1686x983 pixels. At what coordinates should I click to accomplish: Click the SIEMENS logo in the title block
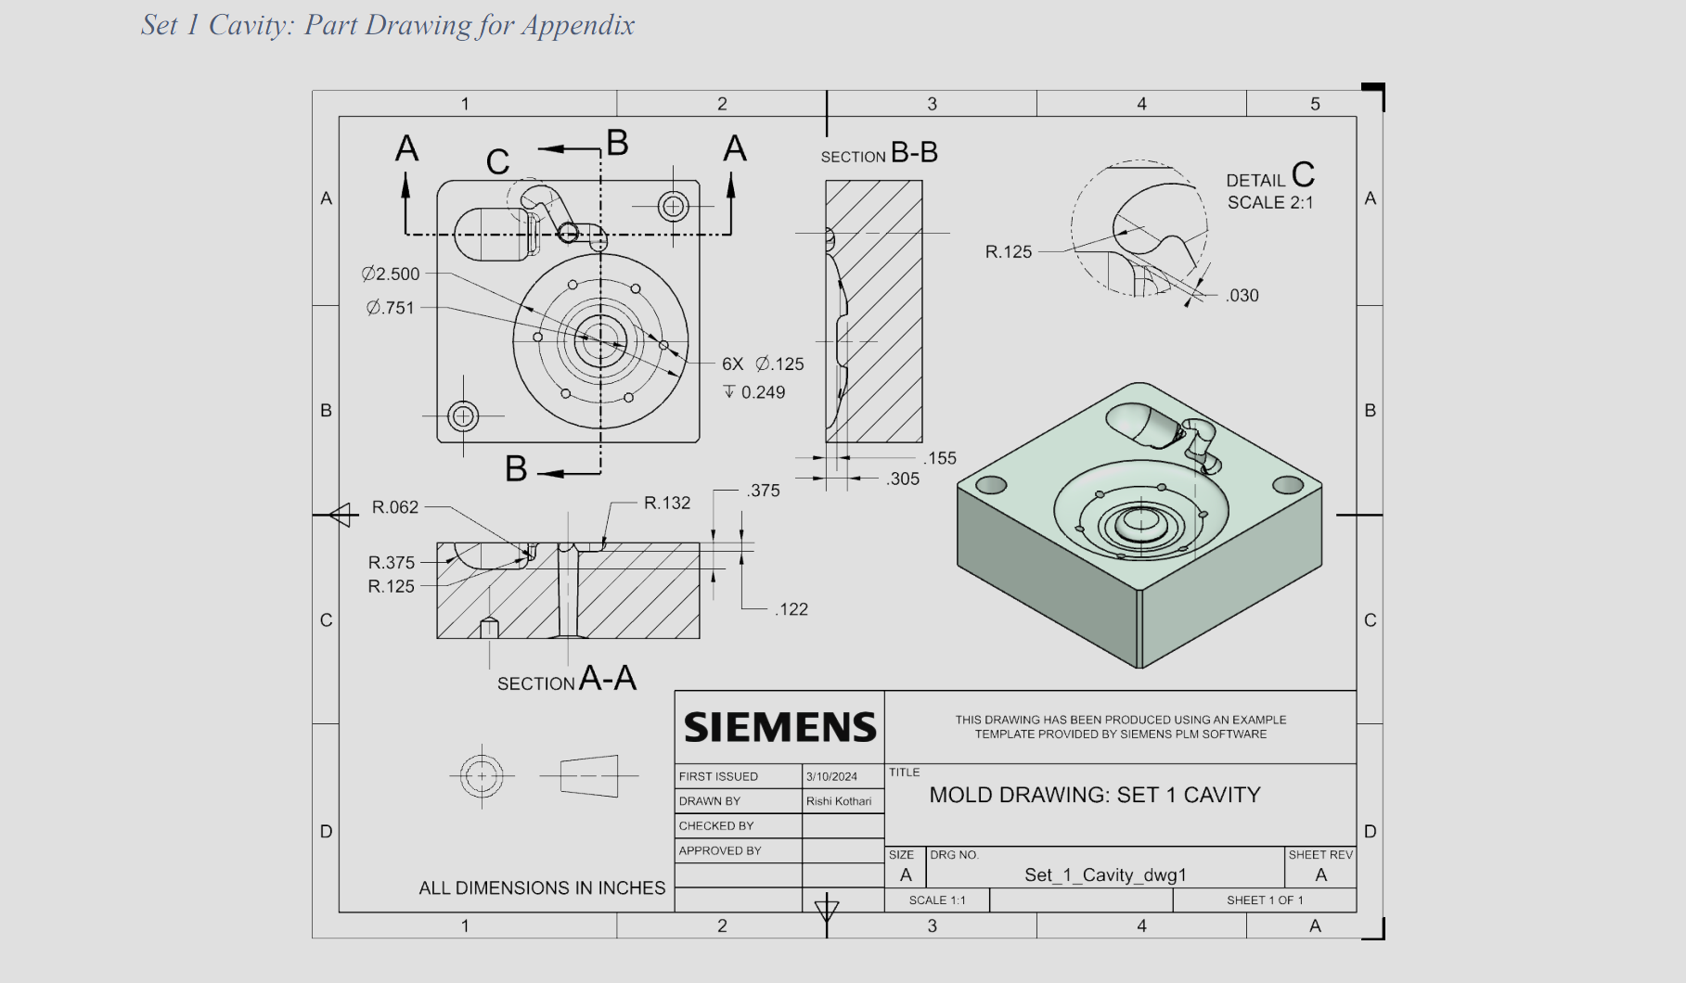(x=779, y=727)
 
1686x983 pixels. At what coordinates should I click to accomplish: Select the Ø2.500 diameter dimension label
(x=391, y=274)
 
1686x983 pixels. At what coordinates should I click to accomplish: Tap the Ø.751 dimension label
(x=391, y=308)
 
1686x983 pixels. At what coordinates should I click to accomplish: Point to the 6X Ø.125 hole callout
(x=763, y=364)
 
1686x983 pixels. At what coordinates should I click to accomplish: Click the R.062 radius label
(x=395, y=507)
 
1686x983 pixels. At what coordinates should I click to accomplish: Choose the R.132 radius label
(x=667, y=503)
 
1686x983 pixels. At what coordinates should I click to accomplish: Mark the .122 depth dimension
(x=792, y=609)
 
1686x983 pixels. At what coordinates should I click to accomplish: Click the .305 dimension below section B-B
(x=903, y=479)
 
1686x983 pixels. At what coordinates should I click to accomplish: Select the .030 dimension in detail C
(x=1242, y=296)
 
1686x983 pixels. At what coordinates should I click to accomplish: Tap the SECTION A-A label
(x=566, y=680)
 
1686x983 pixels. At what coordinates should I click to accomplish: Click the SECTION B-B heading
(x=879, y=154)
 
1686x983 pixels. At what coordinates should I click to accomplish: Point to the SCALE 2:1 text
(x=1270, y=202)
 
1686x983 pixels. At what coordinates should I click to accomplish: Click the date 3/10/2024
(x=831, y=776)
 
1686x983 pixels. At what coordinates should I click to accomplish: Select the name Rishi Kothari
(x=839, y=801)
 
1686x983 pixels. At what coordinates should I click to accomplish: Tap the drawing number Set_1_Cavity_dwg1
(x=1105, y=874)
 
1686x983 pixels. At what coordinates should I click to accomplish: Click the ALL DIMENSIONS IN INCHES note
(x=542, y=887)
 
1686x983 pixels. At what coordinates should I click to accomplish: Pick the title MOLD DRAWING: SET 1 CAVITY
(x=1095, y=795)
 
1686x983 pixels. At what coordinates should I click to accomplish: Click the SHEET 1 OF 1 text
(x=1265, y=900)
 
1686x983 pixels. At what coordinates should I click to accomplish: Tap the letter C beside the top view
(x=497, y=162)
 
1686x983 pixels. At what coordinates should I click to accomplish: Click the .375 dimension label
(x=764, y=491)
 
